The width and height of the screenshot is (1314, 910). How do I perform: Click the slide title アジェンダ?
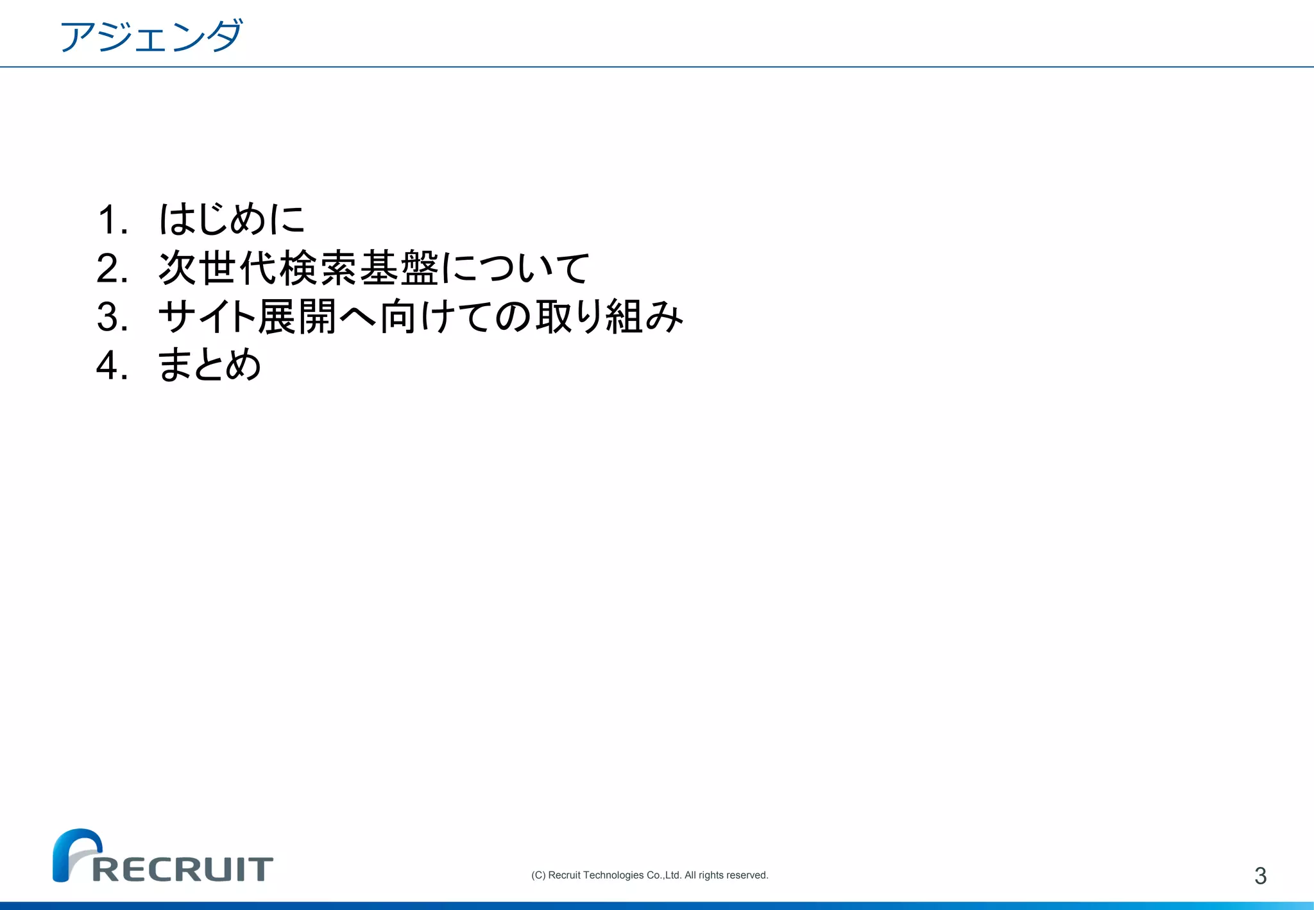(x=151, y=36)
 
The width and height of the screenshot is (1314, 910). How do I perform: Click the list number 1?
(x=113, y=219)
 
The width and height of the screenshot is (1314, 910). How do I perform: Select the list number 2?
(x=113, y=268)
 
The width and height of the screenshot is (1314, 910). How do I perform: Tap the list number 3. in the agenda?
(x=113, y=317)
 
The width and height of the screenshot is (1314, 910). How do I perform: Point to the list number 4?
(x=113, y=366)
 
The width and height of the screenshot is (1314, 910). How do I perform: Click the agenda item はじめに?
(x=232, y=219)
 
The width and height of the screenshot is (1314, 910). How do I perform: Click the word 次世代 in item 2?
(x=218, y=268)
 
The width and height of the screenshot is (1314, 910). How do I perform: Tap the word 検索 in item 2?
(x=319, y=268)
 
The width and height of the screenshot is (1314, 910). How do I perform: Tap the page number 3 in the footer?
(x=1260, y=876)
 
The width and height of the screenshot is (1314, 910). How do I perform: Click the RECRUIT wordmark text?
(x=183, y=870)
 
